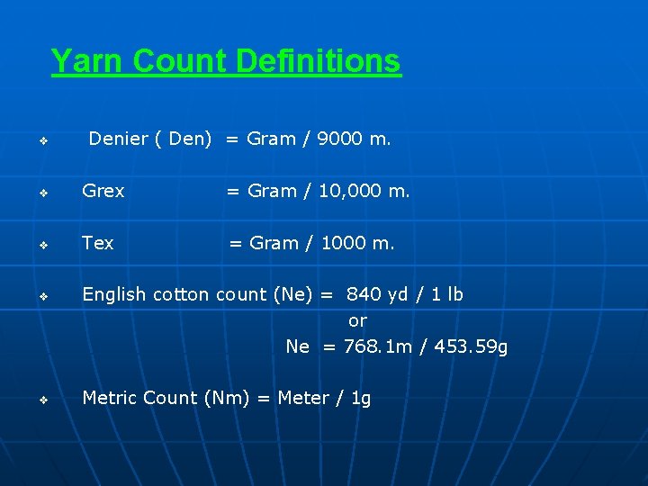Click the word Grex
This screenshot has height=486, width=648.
[x=103, y=191]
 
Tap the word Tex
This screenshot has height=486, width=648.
[x=97, y=243]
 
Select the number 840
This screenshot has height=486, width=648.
[x=364, y=294]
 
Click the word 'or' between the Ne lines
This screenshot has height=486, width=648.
[x=357, y=320]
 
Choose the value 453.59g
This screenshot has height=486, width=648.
[x=471, y=346]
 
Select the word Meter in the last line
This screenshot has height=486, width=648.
[x=303, y=398]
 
